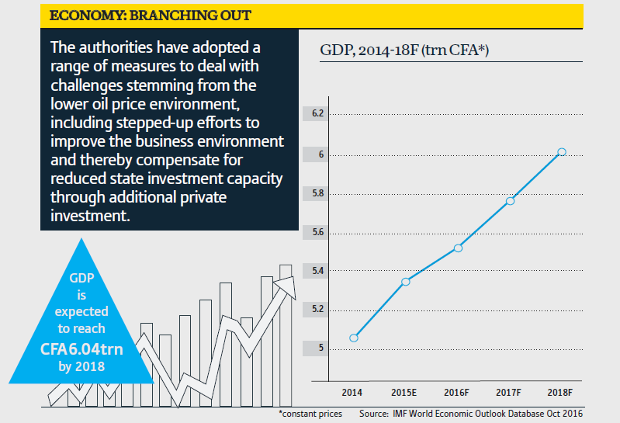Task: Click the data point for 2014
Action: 354,338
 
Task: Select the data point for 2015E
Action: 405,281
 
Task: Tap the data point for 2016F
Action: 458,248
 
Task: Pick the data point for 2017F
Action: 510,201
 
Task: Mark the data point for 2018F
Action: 562,151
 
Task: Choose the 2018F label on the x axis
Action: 561,393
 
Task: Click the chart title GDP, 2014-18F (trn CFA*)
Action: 408,51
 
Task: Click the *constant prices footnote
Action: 310,414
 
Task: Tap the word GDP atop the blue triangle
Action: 82,277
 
